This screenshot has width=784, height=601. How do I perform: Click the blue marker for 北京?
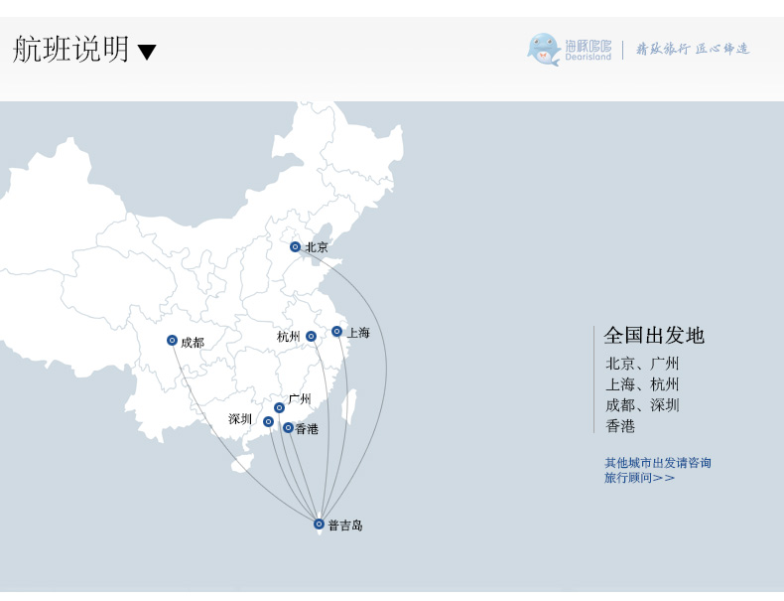[x=295, y=246]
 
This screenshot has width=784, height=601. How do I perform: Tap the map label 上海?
[x=358, y=333]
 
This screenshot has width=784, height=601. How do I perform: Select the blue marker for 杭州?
[x=311, y=337]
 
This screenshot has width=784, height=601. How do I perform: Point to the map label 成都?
[x=193, y=343]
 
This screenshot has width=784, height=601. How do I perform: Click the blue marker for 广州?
[x=279, y=408]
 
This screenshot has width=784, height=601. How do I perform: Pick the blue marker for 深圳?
[x=269, y=422]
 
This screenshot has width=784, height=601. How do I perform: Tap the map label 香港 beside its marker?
[x=307, y=429]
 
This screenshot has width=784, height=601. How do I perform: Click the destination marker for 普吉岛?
[x=319, y=524]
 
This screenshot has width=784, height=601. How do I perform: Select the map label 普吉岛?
[x=345, y=525]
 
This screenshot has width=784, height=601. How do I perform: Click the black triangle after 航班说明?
[x=147, y=52]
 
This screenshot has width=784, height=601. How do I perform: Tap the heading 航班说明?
[x=71, y=49]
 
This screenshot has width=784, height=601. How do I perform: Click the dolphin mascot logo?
[x=544, y=49]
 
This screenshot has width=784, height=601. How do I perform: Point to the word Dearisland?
[x=588, y=57]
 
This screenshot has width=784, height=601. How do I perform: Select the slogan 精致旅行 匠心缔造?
[x=693, y=49]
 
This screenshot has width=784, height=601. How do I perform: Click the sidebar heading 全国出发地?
[x=654, y=336]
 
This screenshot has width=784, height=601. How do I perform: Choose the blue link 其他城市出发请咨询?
[x=658, y=462]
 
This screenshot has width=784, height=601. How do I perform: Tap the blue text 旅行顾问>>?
[x=639, y=478]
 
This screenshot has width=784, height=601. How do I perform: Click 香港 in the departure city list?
[x=620, y=426]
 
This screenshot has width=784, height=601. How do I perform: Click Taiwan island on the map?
[x=349, y=407]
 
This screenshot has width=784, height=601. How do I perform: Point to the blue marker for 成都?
[x=172, y=341]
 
